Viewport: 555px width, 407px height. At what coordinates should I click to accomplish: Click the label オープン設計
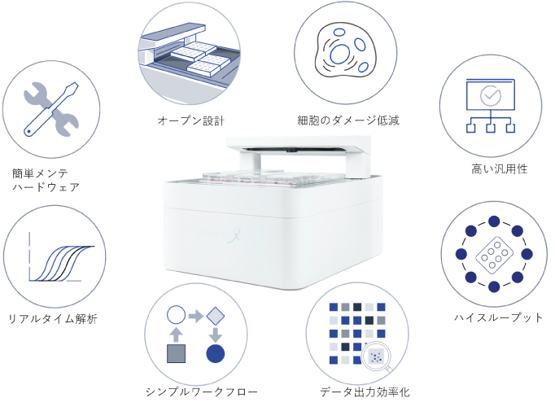click(x=190, y=120)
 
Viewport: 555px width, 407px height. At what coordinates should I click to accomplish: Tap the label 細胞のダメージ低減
click(x=348, y=120)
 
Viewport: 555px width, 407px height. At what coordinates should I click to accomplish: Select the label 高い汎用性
click(x=500, y=168)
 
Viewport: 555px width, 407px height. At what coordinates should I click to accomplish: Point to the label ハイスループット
click(x=498, y=317)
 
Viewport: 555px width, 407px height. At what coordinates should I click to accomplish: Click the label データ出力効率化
click(x=365, y=392)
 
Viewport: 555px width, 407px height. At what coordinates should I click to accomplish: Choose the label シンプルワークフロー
click(x=201, y=392)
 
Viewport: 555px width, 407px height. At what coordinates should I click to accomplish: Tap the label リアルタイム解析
click(x=53, y=318)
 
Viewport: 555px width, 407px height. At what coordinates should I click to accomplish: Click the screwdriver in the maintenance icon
click(x=51, y=109)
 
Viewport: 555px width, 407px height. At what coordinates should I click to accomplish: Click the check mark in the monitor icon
click(x=491, y=95)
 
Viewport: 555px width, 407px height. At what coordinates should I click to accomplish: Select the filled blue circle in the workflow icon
click(x=215, y=353)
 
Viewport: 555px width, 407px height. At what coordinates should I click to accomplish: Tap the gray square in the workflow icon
click(x=176, y=353)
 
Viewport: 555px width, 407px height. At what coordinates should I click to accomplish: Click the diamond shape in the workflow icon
click(x=215, y=316)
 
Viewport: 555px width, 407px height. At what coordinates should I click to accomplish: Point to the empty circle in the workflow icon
click(x=176, y=315)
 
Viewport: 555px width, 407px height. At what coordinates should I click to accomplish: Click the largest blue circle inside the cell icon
click(x=340, y=54)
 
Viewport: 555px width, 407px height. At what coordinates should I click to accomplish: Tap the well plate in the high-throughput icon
click(x=494, y=254)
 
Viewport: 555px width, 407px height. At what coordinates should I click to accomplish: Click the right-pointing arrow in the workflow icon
click(x=195, y=316)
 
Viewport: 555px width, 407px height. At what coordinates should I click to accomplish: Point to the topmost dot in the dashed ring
click(x=494, y=222)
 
